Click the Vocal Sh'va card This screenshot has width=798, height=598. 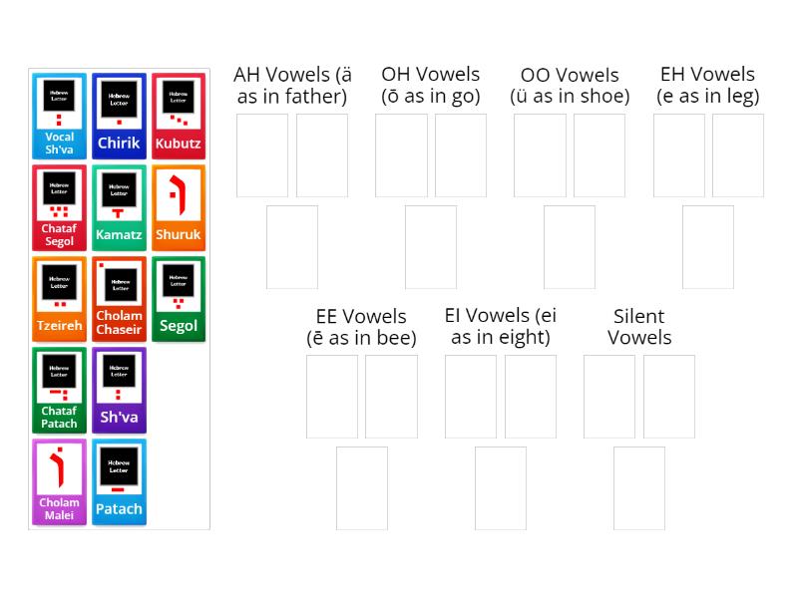pos(59,116)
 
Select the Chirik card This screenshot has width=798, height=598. pos(119,116)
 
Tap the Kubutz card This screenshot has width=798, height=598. pos(179,116)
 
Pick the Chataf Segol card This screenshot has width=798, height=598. pos(59,207)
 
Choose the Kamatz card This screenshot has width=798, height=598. pos(119,207)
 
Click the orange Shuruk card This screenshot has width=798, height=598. pos(179,207)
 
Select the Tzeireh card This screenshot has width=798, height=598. pos(59,299)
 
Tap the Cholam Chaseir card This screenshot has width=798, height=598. pos(119,299)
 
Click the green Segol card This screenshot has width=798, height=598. pos(179,299)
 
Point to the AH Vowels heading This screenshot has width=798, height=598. pos(292,86)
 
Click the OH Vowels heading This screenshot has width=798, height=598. pos(430,86)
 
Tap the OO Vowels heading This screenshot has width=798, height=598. pos(570,86)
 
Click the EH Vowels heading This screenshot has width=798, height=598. pos(708,86)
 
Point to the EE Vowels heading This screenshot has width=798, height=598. pos(361,327)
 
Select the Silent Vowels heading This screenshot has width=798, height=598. pos(639,327)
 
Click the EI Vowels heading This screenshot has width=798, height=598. pos(501,327)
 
